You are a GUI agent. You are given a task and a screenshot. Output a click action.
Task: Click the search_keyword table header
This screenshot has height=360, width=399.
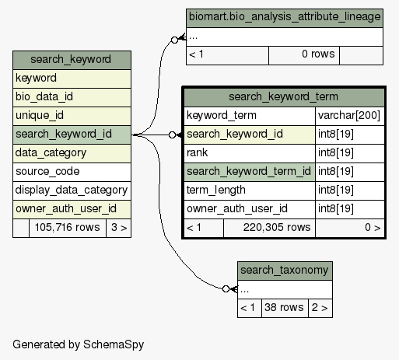(72, 60)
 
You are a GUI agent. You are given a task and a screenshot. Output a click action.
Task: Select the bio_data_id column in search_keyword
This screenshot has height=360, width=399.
(72, 97)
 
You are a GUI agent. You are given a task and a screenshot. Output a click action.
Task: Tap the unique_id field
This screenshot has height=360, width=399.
(72, 116)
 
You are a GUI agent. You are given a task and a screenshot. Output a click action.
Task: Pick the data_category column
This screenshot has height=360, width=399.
(72, 153)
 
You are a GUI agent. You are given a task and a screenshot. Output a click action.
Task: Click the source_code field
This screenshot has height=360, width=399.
(72, 172)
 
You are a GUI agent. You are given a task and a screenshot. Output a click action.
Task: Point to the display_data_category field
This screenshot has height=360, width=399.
(72, 190)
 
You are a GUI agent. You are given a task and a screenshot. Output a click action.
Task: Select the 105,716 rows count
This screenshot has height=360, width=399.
(68, 228)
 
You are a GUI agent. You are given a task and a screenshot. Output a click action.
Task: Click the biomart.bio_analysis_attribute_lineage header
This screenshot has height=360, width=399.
(285, 18)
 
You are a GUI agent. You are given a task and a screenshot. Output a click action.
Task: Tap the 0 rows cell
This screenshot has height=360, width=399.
(304, 55)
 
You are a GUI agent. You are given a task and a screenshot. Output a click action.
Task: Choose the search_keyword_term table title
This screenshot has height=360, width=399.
(284, 97)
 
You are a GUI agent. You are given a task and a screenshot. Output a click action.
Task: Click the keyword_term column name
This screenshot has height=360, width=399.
(250, 116)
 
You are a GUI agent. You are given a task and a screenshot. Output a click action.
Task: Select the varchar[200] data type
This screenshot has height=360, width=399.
(349, 116)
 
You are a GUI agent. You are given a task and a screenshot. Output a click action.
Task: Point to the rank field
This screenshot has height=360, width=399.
(250, 153)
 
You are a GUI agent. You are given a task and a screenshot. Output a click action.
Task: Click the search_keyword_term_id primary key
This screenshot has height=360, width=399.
(250, 172)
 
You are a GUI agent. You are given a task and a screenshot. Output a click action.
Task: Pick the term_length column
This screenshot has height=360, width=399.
(250, 190)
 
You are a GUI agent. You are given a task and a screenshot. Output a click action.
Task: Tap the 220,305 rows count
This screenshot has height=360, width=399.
(269, 228)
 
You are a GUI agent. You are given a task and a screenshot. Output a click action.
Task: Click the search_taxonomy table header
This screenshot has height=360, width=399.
(285, 271)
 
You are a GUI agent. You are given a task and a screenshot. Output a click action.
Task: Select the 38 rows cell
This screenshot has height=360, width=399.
(285, 308)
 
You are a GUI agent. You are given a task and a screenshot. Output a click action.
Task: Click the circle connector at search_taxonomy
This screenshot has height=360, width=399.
(226, 288)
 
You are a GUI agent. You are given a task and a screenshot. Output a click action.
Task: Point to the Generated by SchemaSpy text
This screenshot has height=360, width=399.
(79, 345)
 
